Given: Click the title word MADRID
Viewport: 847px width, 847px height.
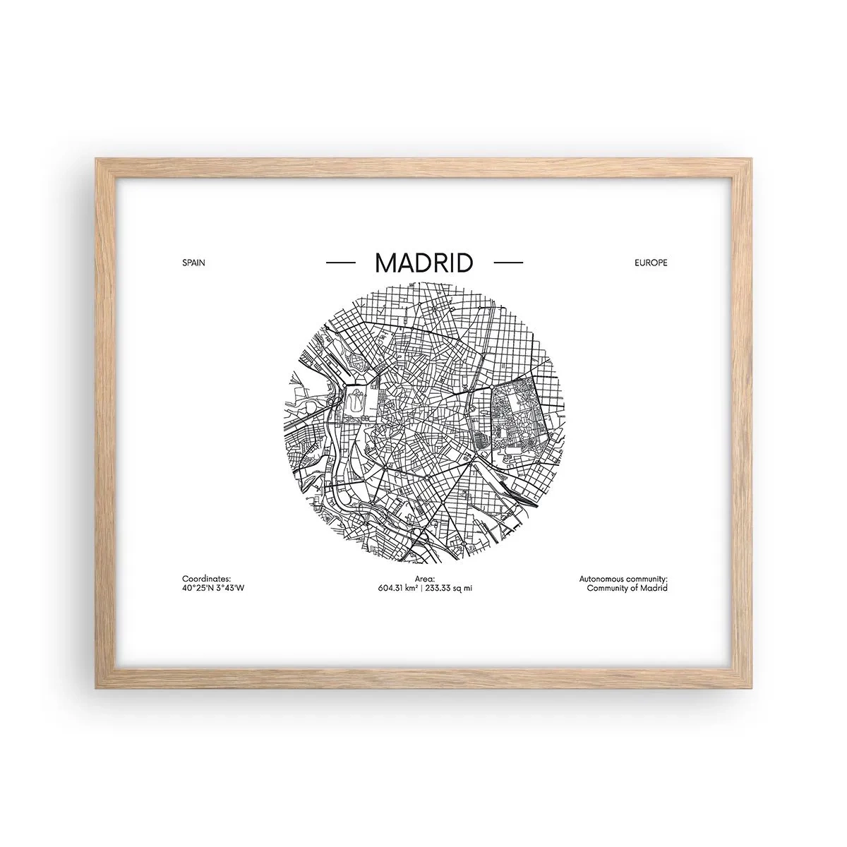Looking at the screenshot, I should [x=423, y=263].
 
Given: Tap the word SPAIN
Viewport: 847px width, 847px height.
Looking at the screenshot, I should [x=193, y=263].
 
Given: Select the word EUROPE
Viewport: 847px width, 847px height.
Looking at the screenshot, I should [x=650, y=263].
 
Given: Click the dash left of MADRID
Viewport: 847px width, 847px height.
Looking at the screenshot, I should [x=340, y=263].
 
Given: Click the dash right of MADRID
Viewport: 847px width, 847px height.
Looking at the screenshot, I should [x=508, y=263].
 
